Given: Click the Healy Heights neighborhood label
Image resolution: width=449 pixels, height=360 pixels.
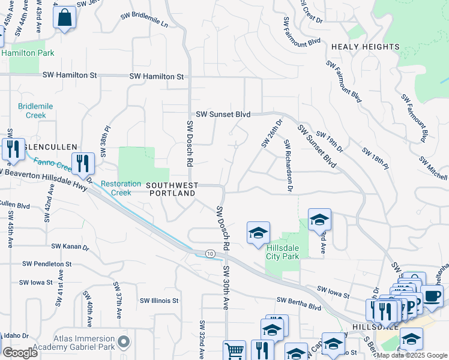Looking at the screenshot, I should coord(365,47).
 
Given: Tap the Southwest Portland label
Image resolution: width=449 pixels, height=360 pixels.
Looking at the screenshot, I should coord(172,190).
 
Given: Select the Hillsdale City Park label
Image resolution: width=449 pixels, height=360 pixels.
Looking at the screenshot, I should coord(283,251).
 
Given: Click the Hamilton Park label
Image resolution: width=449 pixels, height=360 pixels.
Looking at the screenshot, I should coord(28,53).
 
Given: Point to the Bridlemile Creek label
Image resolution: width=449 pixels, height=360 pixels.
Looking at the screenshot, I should coord(32,110).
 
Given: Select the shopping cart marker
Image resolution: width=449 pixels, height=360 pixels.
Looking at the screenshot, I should coord(234,350).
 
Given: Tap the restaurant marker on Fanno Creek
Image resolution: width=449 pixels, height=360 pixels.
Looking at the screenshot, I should coord(82,163).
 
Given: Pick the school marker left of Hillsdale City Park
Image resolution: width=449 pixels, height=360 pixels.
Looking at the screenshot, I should coord(258,233).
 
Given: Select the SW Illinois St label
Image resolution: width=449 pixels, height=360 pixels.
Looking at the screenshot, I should coord(160,301).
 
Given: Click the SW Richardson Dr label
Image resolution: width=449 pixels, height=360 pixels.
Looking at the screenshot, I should coord(289,166).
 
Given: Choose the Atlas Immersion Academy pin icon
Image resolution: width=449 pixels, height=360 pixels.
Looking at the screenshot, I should coord(124,342).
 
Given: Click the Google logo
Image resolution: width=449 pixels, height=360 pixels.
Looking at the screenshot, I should coord(20,353).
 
